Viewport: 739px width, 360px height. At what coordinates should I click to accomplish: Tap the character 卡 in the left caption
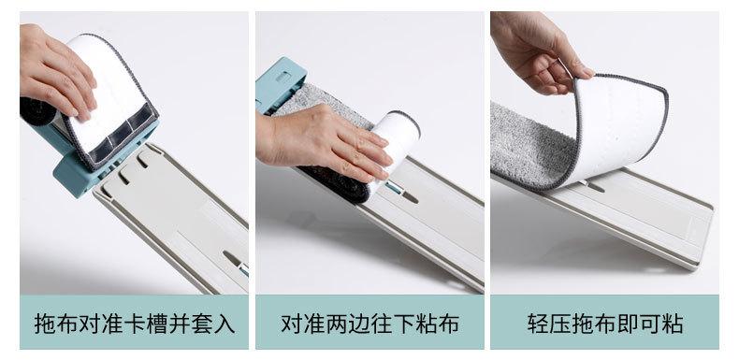135,324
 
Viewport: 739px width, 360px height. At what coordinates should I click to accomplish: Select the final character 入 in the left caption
225,324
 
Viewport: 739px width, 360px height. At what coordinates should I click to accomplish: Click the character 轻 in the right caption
538,324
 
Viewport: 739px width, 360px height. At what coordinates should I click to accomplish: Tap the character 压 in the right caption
561,324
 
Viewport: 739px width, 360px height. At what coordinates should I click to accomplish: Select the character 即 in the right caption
629,324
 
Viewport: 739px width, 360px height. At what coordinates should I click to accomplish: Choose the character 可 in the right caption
650,324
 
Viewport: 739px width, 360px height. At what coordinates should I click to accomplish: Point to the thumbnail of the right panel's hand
587,72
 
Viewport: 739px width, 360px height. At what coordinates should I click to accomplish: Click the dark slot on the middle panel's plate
409,197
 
